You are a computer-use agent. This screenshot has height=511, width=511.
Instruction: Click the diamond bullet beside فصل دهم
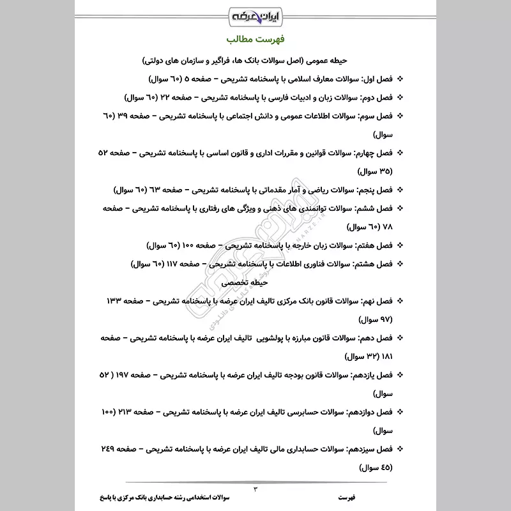click(400, 337)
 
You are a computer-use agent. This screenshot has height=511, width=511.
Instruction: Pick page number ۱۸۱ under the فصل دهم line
click(385, 355)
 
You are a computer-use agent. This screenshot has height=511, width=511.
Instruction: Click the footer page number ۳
click(256, 489)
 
